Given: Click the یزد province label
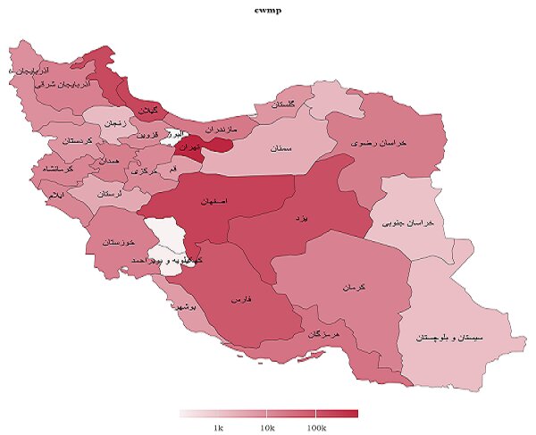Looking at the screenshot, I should coord(305,217).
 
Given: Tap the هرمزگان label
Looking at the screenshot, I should coord(322,333).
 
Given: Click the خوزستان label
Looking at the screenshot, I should coord(118,243).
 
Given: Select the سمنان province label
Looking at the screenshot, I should coord(284,149).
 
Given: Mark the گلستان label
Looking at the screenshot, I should coord(280,106).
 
